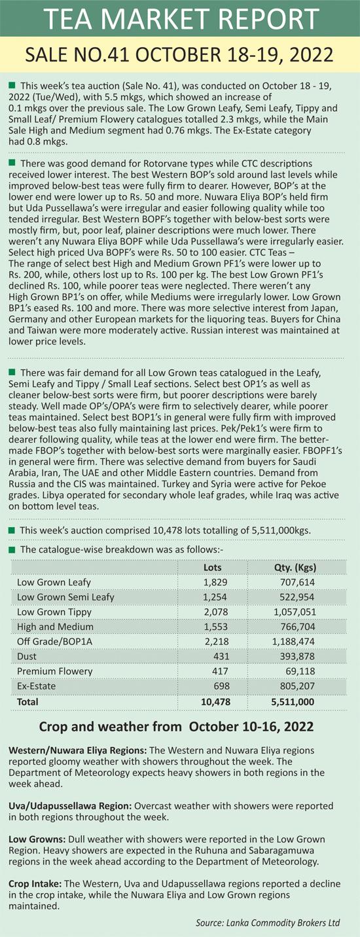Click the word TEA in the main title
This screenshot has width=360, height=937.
tap(68, 18)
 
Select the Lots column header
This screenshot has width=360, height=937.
tap(213, 568)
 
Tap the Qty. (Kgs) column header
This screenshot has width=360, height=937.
tap(295, 568)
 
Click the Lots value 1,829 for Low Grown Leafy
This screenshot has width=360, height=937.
tap(215, 582)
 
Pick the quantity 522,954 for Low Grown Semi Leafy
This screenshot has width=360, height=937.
tap(297, 597)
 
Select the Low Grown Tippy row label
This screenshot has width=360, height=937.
tap(54, 612)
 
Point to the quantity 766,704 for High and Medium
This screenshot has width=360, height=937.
tap(297, 627)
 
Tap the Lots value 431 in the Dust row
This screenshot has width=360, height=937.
tap(221, 656)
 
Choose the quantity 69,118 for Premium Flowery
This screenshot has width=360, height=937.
tap(300, 671)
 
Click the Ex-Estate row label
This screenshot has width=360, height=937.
tap(37, 686)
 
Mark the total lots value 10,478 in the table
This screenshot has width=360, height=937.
tap(215, 702)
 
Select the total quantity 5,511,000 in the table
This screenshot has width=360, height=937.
tap(293, 702)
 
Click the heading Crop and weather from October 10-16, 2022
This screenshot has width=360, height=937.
tap(176, 727)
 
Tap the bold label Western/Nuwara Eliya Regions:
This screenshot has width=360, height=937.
tap(77, 750)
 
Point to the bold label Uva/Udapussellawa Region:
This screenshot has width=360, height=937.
tap(70, 806)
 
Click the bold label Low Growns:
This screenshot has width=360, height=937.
tap(37, 839)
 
